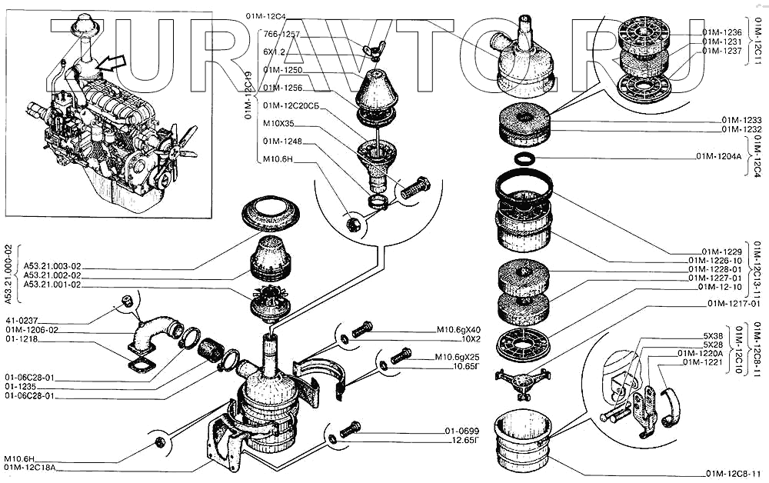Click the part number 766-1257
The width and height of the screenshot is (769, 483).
click(281, 35)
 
